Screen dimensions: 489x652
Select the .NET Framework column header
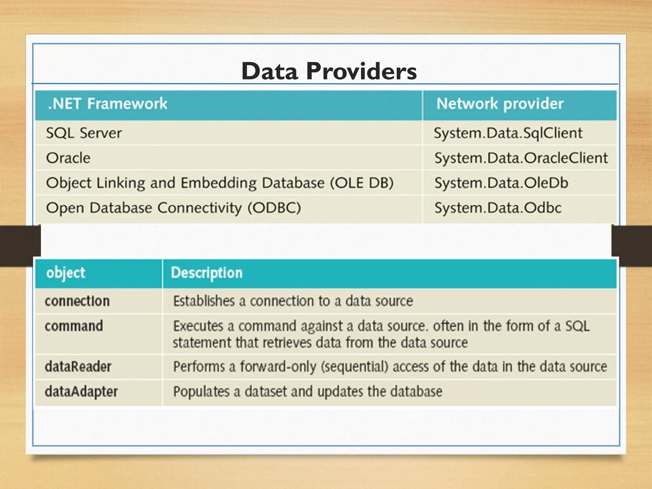coord(107,104)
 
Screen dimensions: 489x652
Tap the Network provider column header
coord(500,104)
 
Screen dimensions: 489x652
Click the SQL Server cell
coord(84,133)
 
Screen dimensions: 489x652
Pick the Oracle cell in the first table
coord(68,158)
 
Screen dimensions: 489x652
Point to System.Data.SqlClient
coord(508,133)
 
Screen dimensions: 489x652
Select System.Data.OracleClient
coord(521,158)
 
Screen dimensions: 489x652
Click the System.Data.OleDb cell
coord(501,183)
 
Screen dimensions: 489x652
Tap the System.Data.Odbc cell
coord(498,208)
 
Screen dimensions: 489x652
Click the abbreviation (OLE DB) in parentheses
coord(362,183)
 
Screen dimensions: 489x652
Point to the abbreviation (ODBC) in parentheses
coord(274,208)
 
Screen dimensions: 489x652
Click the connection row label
coord(77,301)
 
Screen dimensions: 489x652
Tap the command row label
coord(74,326)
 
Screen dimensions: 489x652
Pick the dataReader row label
coord(78,366)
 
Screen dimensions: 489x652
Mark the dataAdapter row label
coord(81,392)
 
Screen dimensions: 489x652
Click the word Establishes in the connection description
coord(204,301)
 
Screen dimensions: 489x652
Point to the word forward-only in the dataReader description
coord(278,366)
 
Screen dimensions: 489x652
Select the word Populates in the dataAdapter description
coord(201,392)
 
